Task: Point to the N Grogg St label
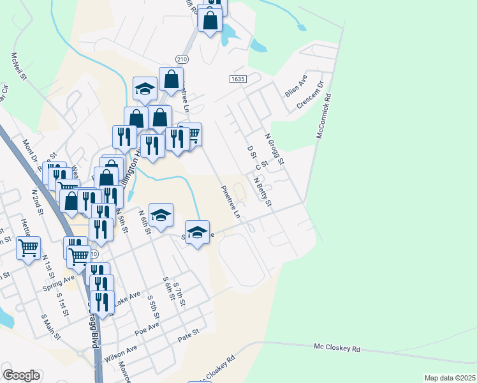[275, 147]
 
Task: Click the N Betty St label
[262, 192]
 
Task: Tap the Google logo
[22, 375]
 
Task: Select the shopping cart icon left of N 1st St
[28, 246]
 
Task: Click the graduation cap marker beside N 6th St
[161, 215]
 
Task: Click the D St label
[251, 153]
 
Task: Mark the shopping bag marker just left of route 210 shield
[171, 79]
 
